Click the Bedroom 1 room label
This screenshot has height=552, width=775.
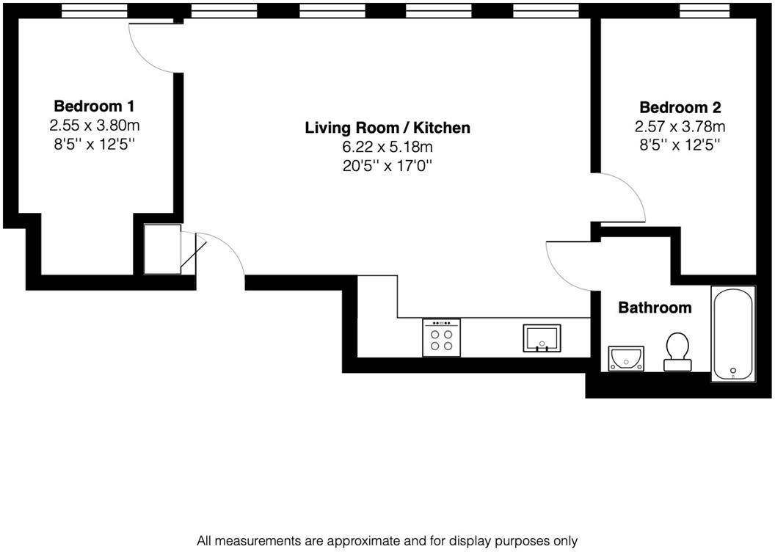(94, 106)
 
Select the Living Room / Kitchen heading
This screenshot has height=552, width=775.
(387, 128)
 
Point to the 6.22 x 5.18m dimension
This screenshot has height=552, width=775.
(387, 147)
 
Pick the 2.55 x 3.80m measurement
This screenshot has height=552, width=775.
(94, 126)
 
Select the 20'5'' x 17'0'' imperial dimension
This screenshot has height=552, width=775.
(387, 166)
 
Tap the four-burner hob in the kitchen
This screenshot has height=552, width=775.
(442, 338)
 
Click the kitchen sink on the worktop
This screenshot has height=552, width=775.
(542, 338)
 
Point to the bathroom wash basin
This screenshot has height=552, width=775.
(626, 358)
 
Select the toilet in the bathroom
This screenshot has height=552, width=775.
(676, 352)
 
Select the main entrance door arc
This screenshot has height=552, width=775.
(224, 253)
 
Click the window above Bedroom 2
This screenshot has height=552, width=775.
(705, 10)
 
